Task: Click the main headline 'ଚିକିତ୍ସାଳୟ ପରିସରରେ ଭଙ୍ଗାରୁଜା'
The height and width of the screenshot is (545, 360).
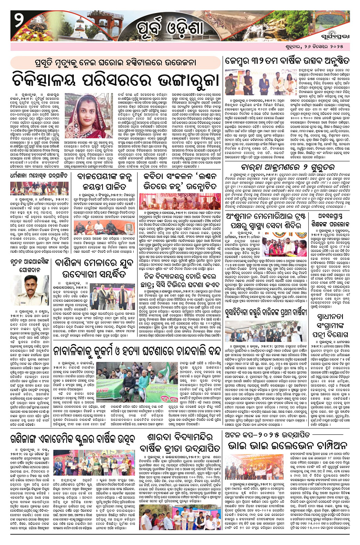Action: [x=115, y=72]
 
